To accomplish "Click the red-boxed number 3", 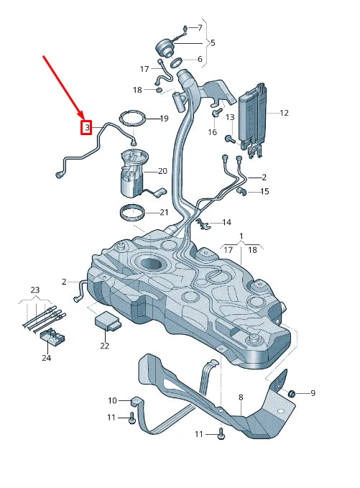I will (86, 128).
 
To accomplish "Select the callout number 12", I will (284, 113).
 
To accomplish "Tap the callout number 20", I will (162, 171).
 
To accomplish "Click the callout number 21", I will (164, 212).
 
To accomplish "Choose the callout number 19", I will (164, 119).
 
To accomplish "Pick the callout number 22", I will (105, 346).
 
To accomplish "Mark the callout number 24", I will (47, 357).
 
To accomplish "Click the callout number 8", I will (241, 397).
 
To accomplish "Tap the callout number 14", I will (226, 223).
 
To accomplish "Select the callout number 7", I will (199, 27).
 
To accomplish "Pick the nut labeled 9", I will (292, 393).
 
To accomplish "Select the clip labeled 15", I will (242, 191).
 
